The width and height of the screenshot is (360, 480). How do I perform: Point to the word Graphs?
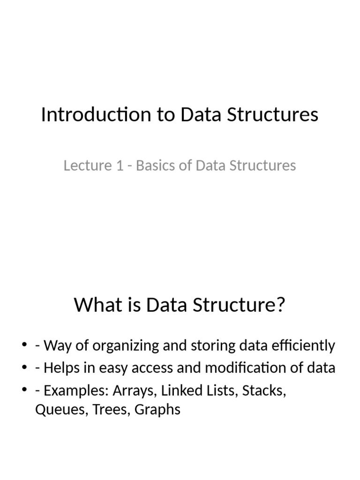pyautogui.click(x=157, y=410)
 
